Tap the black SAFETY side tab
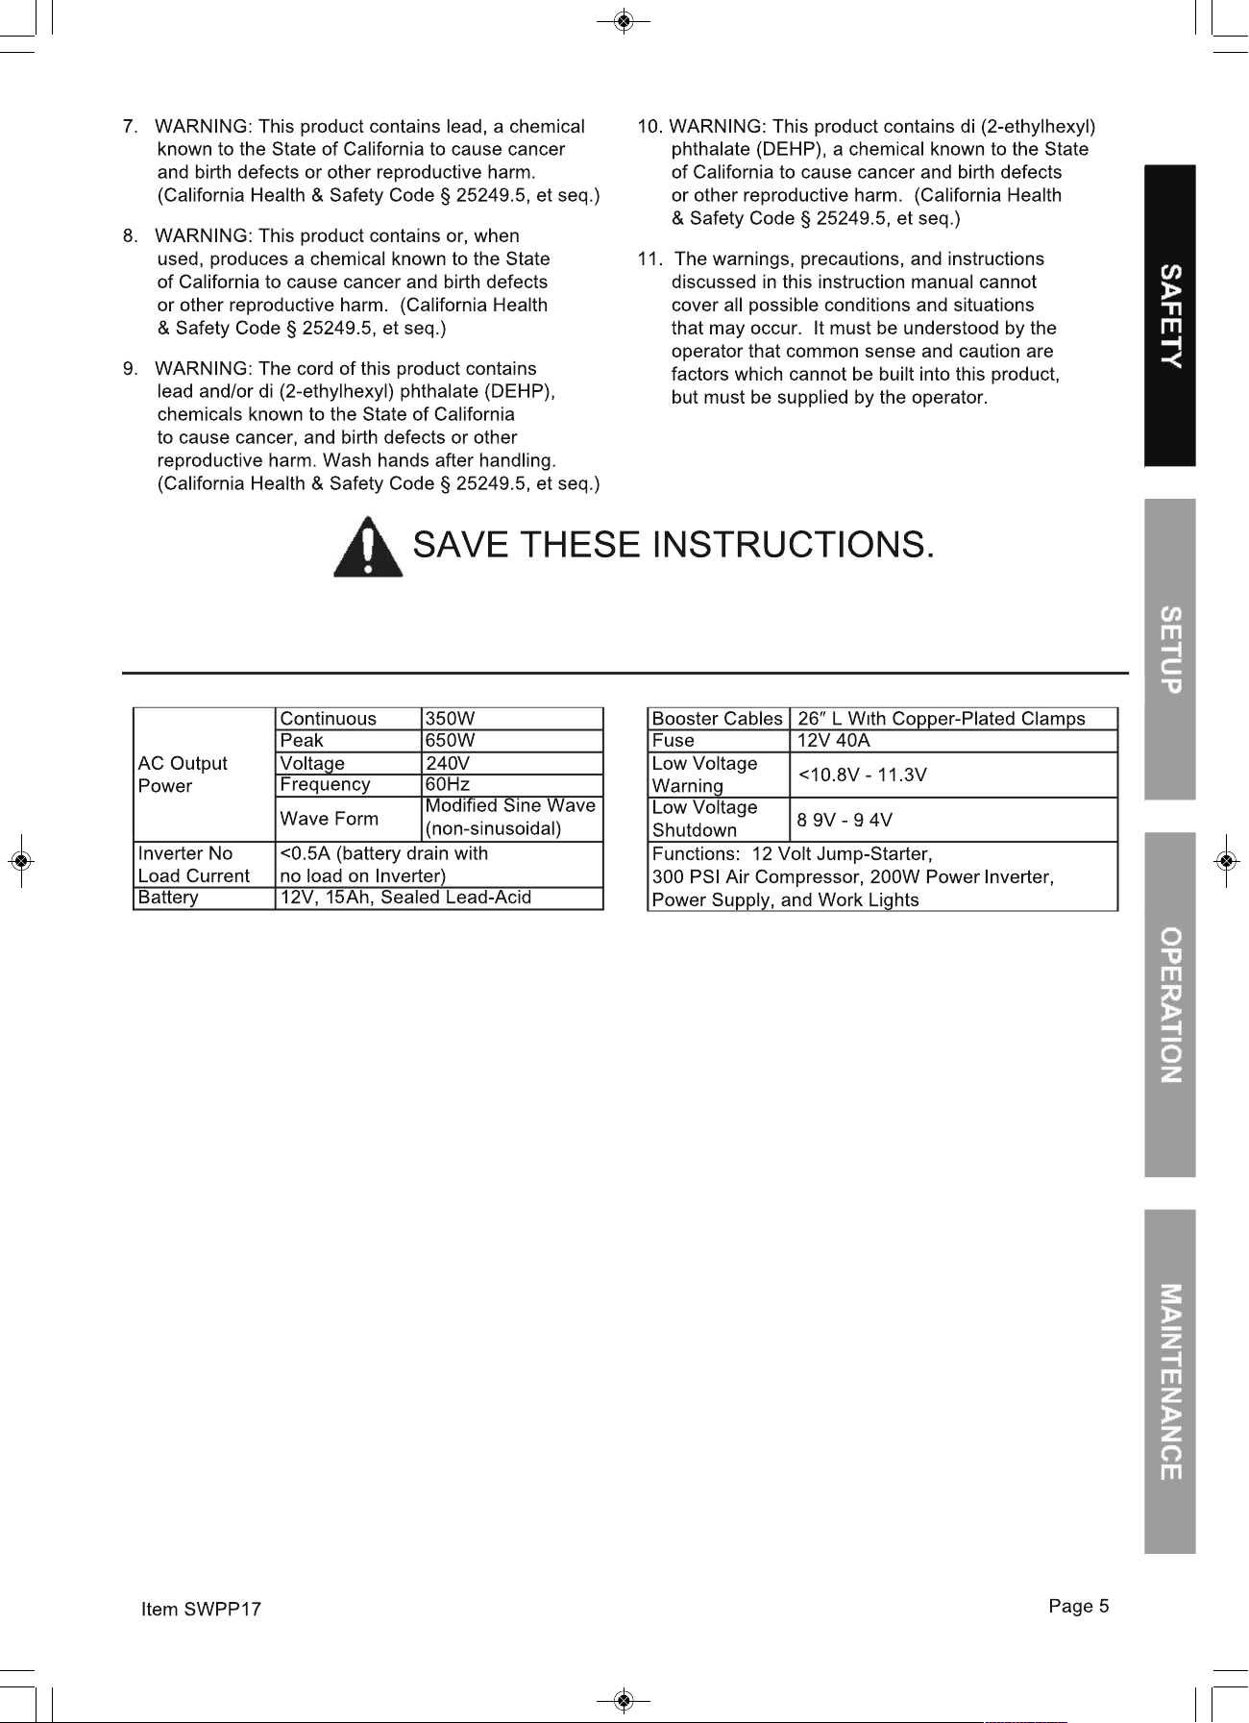1169,316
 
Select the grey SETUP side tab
1169,649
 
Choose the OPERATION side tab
1169,1004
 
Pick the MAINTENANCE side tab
1169,1381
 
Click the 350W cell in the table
451,719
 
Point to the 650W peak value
451,741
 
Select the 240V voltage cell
448,763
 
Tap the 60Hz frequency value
448,784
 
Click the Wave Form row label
330,819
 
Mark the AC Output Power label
183,775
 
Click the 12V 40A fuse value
834,741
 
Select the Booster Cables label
718,719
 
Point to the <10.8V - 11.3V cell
863,775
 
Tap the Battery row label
168,898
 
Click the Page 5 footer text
1079,1606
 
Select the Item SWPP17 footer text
201,1610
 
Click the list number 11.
649,259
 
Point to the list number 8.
130,236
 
